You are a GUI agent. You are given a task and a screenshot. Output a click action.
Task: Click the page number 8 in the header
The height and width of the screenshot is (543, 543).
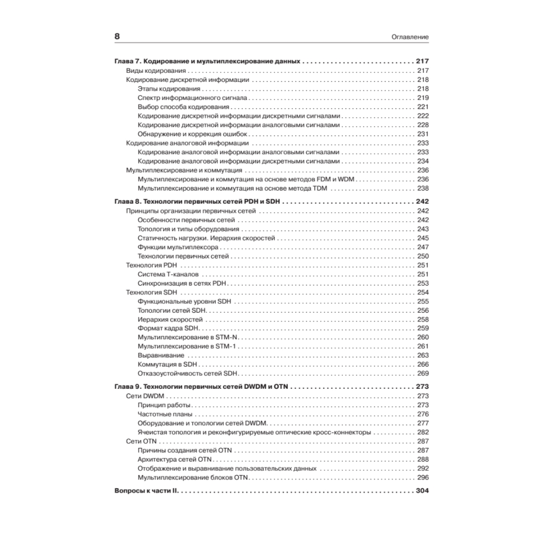(x=117, y=37)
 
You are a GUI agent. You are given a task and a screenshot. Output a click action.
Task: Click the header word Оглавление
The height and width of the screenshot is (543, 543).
(x=411, y=37)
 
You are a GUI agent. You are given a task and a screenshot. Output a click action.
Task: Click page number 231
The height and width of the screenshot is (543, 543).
(x=423, y=134)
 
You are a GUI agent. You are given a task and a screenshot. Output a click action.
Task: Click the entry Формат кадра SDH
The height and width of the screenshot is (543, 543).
(x=169, y=328)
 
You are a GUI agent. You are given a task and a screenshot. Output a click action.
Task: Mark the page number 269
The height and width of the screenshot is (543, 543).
(x=423, y=374)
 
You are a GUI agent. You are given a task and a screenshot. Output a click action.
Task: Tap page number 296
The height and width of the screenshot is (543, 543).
(x=423, y=477)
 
